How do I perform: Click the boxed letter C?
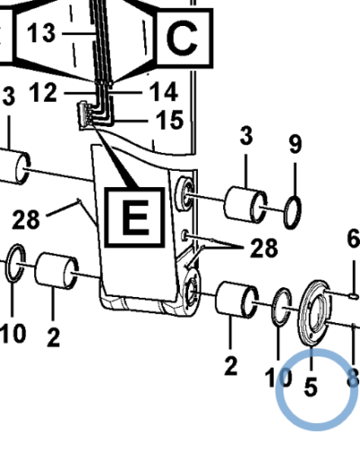pyautogui.click(x=182, y=39)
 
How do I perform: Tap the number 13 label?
pyautogui.click(x=41, y=32)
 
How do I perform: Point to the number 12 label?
pyautogui.click(x=43, y=93)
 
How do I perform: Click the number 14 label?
pyautogui.click(x=164, y=92)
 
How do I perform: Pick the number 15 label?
pyautogui.click(x=169, y=120)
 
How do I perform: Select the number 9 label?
pyautogui.click(x=295, y=144)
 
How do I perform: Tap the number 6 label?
pyautogui.click(x=354, y=239)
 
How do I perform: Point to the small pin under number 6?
pyautogui.click(x=354, y=296)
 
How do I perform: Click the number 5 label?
pyautogui.click(x=310, y=386)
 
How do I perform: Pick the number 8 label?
pyautogui.click(x=353, y=377)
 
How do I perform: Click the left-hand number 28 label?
pyautogui.click(x=26, y=220)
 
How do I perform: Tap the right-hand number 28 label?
pyautogui.click(x=264, y=248)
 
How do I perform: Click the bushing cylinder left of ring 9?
pyautogui.click(x=245, y=204)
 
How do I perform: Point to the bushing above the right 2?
pyautogui.click(x=237, y=300)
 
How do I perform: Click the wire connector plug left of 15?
pyautogui.click(x=85, y=115)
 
